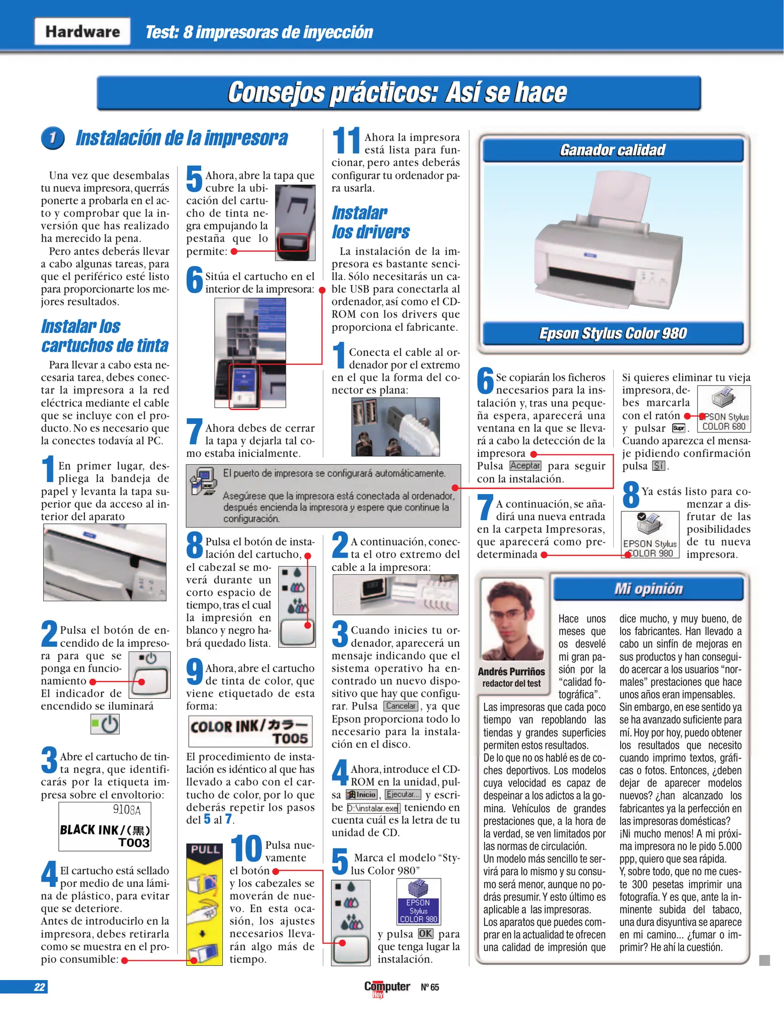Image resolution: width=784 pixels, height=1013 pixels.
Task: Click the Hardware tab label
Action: (82, 31)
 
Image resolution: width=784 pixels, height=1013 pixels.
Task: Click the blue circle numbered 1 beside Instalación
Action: (53, 138)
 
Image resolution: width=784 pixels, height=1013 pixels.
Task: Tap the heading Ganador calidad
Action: (612, 150)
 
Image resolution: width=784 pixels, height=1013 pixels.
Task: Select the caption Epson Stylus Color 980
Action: (612, 333)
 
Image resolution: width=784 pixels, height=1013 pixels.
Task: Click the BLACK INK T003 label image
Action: (105, 827)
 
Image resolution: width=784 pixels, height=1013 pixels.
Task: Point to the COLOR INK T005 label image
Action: (250, 731)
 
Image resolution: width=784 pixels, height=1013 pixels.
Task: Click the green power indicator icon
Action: (105, 724)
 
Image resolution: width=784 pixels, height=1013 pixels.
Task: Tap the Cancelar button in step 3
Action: (400, 706)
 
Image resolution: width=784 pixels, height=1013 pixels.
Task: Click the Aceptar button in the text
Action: (525, 466)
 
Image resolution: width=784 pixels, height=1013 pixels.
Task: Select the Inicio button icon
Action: (362, 794)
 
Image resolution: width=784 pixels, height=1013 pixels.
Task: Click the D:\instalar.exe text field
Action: (373, 808)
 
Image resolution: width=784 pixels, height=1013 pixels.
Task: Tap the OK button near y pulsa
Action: (426, 933)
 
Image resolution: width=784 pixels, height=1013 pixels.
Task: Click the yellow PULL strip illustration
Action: (205, 904)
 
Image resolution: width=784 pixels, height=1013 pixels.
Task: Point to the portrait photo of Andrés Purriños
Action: (512, 620)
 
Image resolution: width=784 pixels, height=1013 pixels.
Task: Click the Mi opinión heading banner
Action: (648, 589)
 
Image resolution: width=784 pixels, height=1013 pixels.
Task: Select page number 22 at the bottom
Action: (39, 987)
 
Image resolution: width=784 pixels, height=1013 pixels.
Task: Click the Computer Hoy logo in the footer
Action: (387, 988)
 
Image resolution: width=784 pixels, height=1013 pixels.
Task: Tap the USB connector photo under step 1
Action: (396, 427)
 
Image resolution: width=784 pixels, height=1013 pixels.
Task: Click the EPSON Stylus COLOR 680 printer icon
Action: (723, 408)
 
